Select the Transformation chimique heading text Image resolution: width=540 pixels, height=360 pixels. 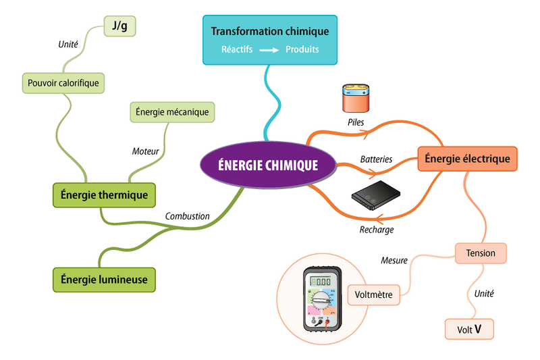click(270, 32)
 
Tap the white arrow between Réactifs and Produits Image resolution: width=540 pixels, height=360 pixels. click(270, 50)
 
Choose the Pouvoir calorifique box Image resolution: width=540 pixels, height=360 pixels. click(63, 83)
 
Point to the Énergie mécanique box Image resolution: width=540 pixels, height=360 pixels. click(172, 112)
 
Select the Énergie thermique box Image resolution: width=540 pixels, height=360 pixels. click(104, 195)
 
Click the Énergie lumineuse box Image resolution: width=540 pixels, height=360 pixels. click(104, 279)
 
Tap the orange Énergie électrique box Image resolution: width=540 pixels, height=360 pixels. click(467, 159)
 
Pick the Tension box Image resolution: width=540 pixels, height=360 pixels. click(481, 253)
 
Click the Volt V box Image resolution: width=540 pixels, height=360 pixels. click(469, 330)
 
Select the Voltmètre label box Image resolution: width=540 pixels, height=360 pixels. click(374, 294)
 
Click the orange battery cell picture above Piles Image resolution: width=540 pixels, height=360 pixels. click(356, 99)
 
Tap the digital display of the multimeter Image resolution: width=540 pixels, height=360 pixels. click(321, 282)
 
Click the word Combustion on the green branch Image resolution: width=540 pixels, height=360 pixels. click(187, 216)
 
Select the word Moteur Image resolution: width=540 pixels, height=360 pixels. click(145, 151)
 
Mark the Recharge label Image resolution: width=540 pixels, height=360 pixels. click(376, 230)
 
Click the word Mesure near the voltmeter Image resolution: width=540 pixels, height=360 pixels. click(394, 260)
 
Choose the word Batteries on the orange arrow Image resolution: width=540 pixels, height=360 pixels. click(376, 159)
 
